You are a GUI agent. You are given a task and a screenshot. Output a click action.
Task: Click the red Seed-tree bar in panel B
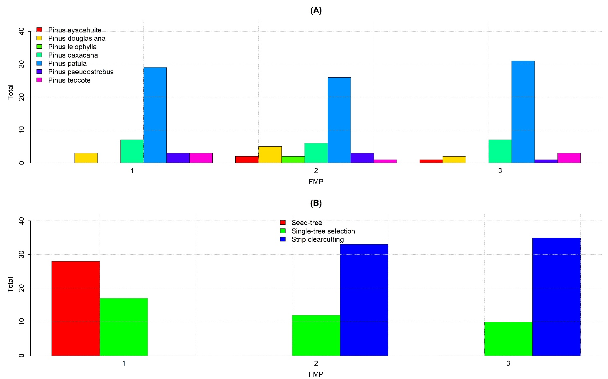coord(76,308)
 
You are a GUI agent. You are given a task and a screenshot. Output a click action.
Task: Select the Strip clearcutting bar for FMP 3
coord(556,296)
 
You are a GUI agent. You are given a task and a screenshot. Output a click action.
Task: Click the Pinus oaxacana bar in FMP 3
coord(500,151)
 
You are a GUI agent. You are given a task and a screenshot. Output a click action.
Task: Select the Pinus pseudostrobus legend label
coord(81,72)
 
